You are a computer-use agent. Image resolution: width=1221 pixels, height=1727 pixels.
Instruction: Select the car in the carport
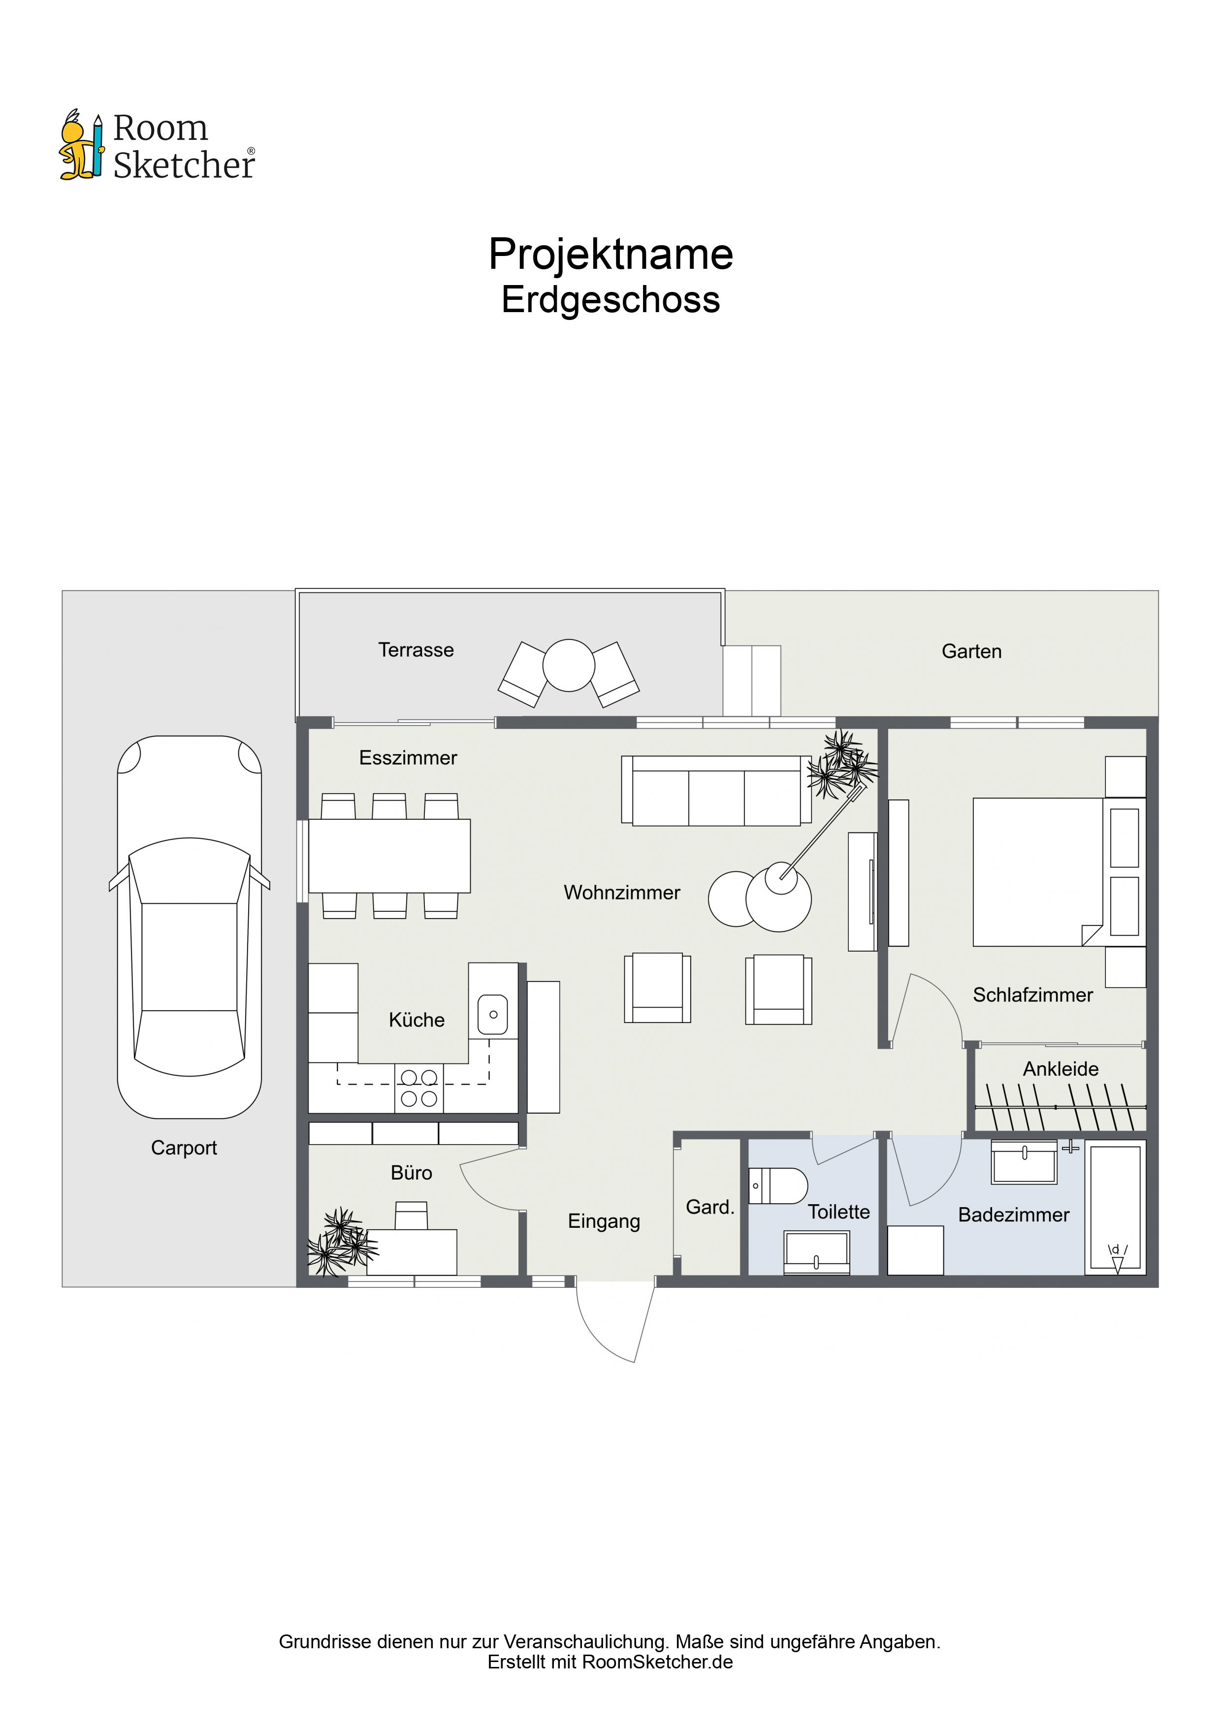(190, 927)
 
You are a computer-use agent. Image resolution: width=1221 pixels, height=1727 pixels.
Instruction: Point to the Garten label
(971, 651)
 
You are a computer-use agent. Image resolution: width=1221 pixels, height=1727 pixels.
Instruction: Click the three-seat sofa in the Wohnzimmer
(716, 791)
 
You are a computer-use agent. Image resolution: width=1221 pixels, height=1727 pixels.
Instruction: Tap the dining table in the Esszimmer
(390, 856)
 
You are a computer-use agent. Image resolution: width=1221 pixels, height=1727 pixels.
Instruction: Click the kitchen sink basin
(493, 1015)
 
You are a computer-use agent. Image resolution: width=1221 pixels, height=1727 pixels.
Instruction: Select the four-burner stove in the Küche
(419, 1087)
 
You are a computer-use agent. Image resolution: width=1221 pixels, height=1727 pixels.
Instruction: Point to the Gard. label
(709, 1207)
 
